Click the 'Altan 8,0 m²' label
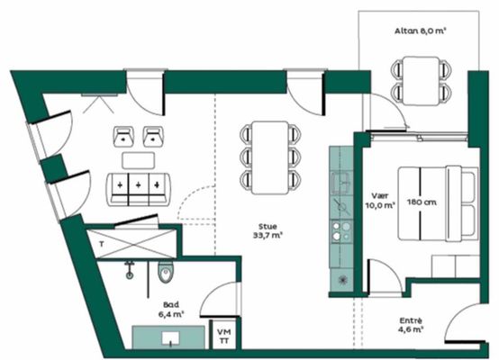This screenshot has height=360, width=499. pyautogui.click(x=420, y=31)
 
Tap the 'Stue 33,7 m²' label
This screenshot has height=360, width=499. pyautogui.click(x=268, y=231)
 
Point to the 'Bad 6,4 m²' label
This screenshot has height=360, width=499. pyautogui.click(x=171, y=310)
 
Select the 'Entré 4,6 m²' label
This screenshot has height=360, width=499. pyautogui.click(x=411, y=325)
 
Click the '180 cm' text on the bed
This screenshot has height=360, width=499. pyautogui.click(x=422, y=202)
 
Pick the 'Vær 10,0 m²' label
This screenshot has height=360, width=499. pyautogui.click(x=380, y=201)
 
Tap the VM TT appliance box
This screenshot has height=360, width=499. pyautogui.click(x=223, y=336)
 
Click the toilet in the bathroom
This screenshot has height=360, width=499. pyautogui.click(x=166, y=273)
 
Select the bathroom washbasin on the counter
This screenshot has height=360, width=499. pyautogui.click(x=170, y=338)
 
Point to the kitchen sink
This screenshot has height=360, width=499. pyautogui.click(x=340, y=183)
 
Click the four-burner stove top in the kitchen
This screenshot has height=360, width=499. pyautogui.click(x=341, y=231)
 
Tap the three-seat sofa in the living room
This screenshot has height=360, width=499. pyautogui.click(x=139, y=190)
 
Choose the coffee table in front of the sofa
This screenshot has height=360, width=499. pyautogui.click(x=139, y=160)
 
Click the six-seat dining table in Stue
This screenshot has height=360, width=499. pyautogui.click(x=270, y=157)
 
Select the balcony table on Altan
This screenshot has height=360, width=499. pyautogui.click(x=422, y=81)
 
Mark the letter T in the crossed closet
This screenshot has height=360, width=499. pyautogui.click(x=102, y=244)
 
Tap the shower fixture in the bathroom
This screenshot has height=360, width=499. pyautogui.click(x=129, y=270)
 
